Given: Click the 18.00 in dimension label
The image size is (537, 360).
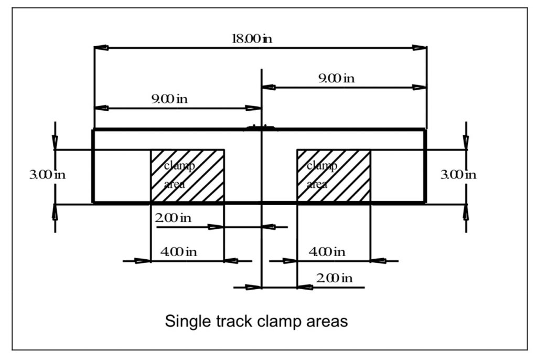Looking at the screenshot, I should click(252, 39).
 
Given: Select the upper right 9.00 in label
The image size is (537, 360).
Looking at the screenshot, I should click(336, 79).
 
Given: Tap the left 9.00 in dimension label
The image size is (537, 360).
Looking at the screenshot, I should click(169, 99).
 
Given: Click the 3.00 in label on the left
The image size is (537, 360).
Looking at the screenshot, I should click(47, 175).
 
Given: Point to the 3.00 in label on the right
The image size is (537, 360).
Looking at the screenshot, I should click(458, 175).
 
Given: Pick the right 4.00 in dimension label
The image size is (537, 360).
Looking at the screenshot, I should click(327, 251).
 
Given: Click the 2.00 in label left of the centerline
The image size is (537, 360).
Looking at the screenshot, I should click(173, 218).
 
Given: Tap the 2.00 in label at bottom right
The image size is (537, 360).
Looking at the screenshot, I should click(334, 278).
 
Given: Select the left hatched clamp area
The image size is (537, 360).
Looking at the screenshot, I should click(187, 176).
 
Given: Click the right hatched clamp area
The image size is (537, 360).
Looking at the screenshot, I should click(334, 176).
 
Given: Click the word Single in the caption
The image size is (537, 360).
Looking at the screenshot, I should click(183, 321).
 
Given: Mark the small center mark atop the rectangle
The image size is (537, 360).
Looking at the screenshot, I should click(261, 126).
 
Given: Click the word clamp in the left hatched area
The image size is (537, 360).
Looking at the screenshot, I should click(179, 166).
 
